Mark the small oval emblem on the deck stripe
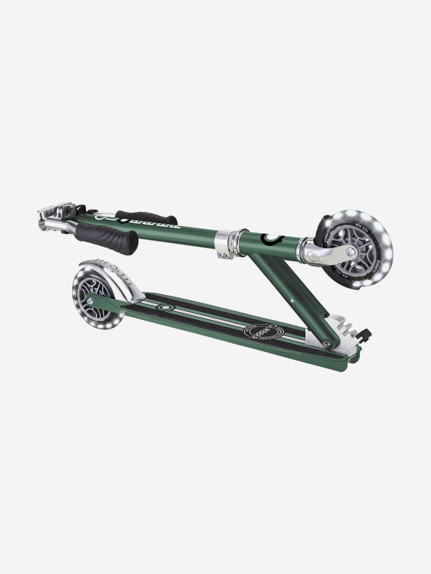tap(164, 307)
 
